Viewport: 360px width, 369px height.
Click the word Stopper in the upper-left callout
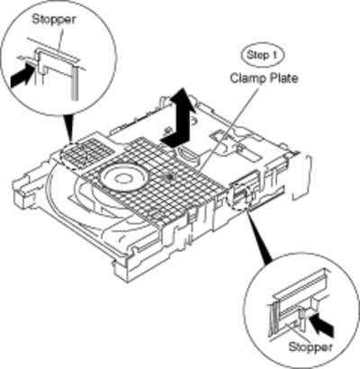pyautogui.click(x=54, y=20)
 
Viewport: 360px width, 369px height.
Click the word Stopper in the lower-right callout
pyautogui.click(x=310, y=346)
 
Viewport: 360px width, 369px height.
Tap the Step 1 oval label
pyautogui.click(x=263, y=55)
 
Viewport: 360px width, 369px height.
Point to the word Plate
pyautogui.click(x=283, y=78)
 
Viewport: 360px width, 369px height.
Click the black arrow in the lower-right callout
pyautogui.click(x=323, y=326)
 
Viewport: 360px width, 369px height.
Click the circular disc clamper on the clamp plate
pyautogui.click(x=124, y=177)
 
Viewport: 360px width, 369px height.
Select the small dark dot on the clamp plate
pyautogui.click(x=170, y=177)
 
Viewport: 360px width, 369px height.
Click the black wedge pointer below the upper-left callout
pyautogui.click(x=69, y=128)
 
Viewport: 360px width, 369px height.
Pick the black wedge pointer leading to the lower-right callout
pyautogui.click(x=259, y=236)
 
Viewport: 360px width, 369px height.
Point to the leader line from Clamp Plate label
pyautogui.click(x=229, y=129)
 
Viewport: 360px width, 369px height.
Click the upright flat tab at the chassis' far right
pyautogui.click(x=302, y=177)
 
